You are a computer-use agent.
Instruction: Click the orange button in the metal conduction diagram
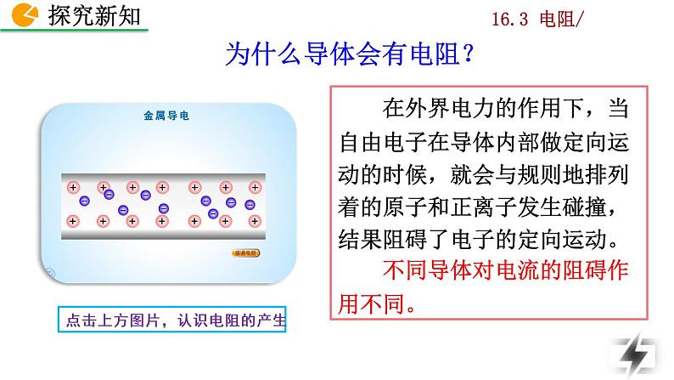pos(247,252)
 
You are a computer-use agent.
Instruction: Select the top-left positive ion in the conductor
pos(73,187)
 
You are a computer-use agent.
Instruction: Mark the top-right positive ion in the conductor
pos(256,187)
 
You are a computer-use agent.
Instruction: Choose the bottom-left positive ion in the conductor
pos(73,221)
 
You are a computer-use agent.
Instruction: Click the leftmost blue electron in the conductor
pos(83,201)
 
